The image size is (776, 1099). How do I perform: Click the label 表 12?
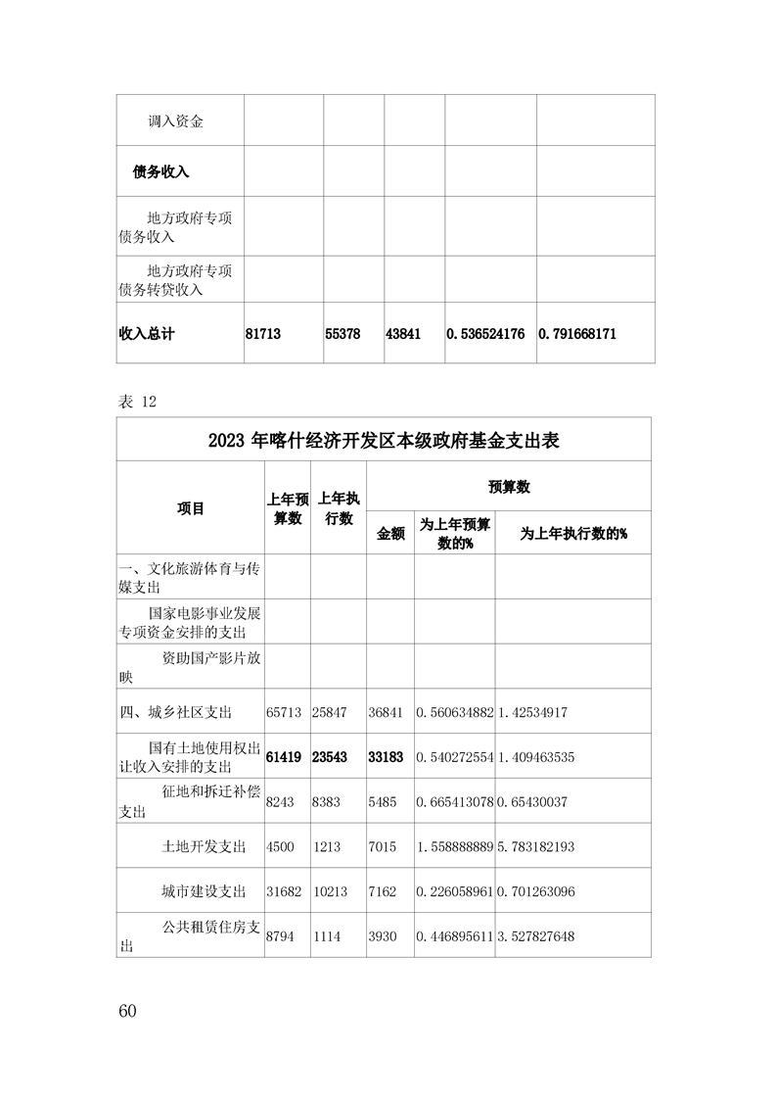pyautogui.click(x=136, y=402)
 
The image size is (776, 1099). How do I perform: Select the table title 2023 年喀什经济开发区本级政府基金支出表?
pyautogui.click(x=384, y=440)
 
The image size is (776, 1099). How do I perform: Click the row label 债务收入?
pyautogui.click(x=160, y=171)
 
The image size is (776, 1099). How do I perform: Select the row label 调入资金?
pyautogui.click(x=175, y=121)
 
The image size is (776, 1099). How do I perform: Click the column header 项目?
pyautogui.click(x=191, y=508)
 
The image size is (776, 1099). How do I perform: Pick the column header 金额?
pyautogui.click(x=390, y=533)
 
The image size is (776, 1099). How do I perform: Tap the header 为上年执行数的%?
pyautogui.click(x=572, y=533)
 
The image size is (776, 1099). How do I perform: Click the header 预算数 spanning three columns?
pyautogui.click(x=509, y=487)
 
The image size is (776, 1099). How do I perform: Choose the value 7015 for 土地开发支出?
pyautogui.click(x=383, y=846)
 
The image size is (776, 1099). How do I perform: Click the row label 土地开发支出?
pyautogui.click(x=204, y=846)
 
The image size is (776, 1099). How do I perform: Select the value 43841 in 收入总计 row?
pyautogui.click(x=403, y=334)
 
